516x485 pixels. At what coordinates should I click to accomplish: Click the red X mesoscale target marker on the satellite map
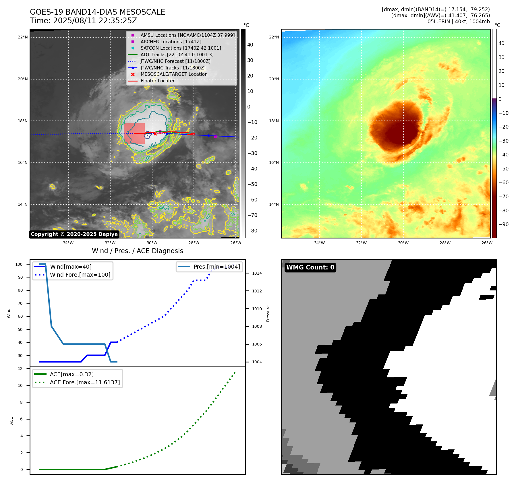pos(155,134)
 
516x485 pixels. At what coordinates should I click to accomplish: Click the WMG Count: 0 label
pos(310,267)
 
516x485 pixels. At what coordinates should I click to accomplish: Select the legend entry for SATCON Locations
pos(181,48)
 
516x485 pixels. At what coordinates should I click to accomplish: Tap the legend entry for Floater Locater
pos(157,81)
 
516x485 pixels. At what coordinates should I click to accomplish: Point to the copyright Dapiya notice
pos(74,234)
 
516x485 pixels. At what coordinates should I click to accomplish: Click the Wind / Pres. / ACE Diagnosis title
pos(137,251)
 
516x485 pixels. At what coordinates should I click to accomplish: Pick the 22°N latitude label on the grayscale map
pos(23,37)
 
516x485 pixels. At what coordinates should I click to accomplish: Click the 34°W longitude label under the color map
pos(319,243)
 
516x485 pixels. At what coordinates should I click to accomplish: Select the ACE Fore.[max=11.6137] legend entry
pos(85,382)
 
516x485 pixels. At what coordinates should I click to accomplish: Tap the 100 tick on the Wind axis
pos(19,264)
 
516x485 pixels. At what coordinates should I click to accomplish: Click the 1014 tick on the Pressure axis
pos(257,273)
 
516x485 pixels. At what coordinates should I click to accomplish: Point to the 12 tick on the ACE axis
pos(20,369)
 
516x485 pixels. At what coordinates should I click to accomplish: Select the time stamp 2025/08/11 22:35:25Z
pos(95,21)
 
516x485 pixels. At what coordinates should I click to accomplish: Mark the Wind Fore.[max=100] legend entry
pos(80,275)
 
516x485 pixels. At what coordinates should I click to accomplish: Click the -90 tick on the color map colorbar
pos(503,224)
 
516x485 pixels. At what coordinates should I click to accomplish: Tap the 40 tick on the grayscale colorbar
pos(250,45)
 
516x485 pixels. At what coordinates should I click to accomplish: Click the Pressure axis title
pos(268,313)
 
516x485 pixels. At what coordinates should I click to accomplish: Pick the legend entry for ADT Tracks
pos(177,55)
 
